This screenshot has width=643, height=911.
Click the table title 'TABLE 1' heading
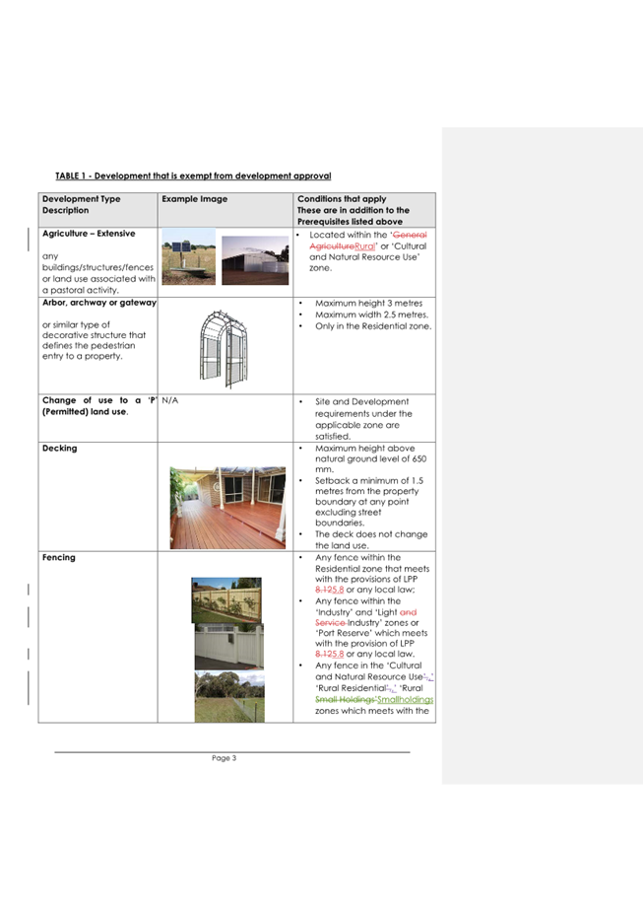pyautogui.click(x=192, y=175)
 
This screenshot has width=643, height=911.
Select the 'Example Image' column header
pyautogui.click(x=194, y=199)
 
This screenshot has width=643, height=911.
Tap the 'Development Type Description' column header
pyautogui.click(x=80, y=204)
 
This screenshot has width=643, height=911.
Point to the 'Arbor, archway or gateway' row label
pyautogui.click(x=98, y=302)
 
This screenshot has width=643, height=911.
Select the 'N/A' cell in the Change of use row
pyautogui.click(x=169, y=401)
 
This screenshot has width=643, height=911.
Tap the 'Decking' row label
pyautogui.click(x=59, y=448)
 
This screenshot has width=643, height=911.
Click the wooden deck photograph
pyautogui.click(x=227, y=507)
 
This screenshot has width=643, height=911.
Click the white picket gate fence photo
pyautogui.click(x=228, y=647)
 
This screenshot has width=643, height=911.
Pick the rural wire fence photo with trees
pyautogui.click(x=228, y=695)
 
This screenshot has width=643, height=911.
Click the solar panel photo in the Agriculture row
pyautogui.click(x=188, y=256)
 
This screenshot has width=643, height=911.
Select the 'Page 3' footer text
pyautogui.click(x=224, y=758)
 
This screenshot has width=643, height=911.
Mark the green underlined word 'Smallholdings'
pyautogui.click(x=405, y=700)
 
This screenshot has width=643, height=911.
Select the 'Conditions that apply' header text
pyautogui.click(x=341, y=199)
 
